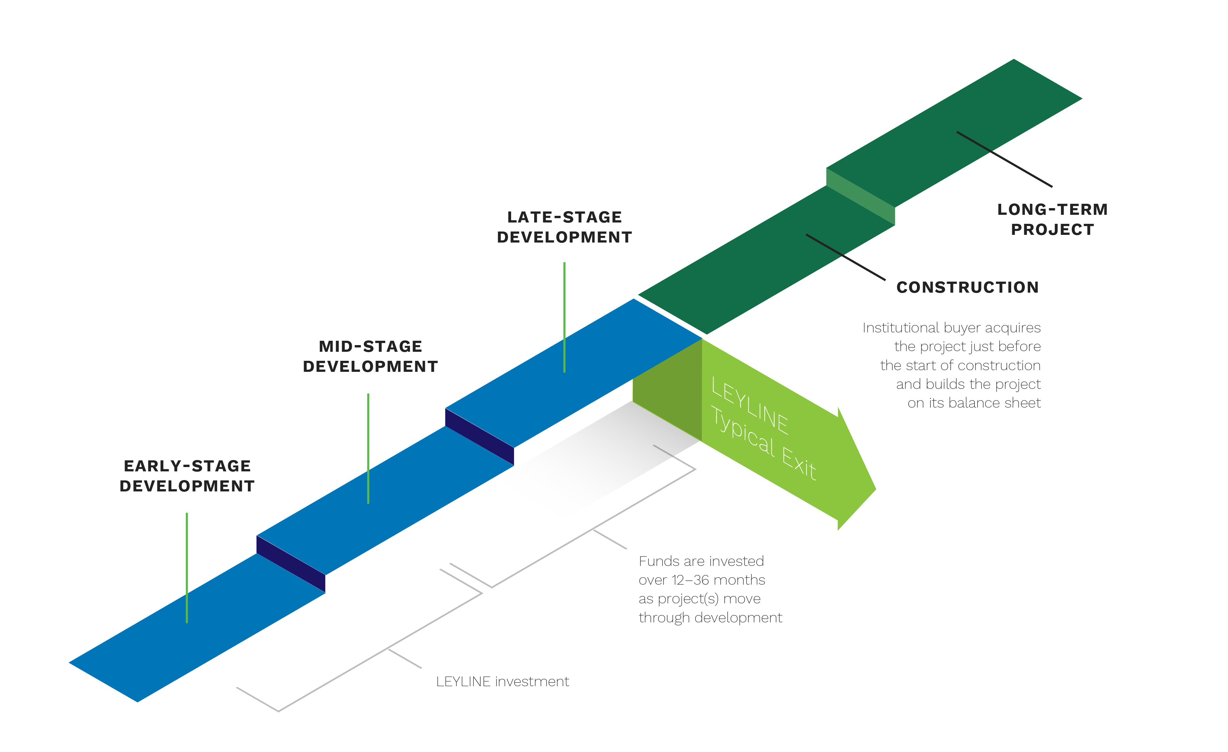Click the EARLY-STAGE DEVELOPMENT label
coord(187,476)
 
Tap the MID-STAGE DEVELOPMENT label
coord(370,356)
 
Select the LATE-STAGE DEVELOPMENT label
coord(565,227)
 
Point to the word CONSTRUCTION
coord(967,288)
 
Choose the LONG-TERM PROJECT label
coord(1053,219)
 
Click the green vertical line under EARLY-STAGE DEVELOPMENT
coord(187,568)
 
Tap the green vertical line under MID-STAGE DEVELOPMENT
coord(368,449)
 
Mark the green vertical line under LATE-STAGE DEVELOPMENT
coord(564,317)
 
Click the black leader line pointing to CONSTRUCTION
coord(846,257)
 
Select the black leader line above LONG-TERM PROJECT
coord(1004,159)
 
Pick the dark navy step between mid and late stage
coord(479,437)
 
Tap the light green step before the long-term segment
coord(861,197)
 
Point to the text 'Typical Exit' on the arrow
coord(763,443)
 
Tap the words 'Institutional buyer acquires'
coord(952,328)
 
